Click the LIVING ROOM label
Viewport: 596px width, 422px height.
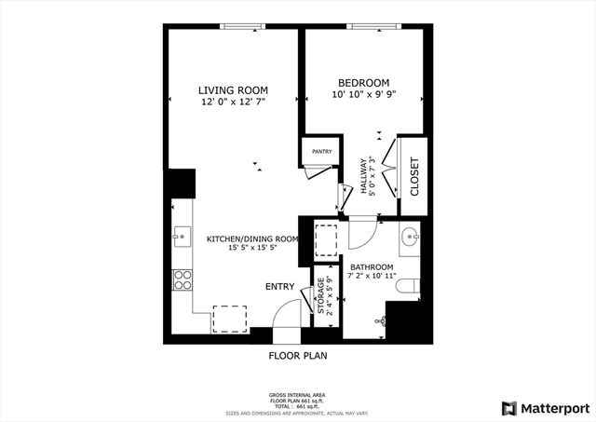click(232, 89)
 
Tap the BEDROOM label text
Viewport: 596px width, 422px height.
click(362, 83)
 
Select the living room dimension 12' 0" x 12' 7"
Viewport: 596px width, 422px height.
click(232, 102)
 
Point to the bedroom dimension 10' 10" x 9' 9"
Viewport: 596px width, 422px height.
click(362, 95)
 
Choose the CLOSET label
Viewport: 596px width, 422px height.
click(413, 175)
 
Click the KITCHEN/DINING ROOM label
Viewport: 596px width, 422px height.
click(251, 238)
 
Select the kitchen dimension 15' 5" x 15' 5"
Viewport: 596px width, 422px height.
click(251, 249)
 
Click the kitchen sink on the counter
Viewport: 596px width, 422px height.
click(180, 238)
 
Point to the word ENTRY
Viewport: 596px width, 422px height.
click(279, 287)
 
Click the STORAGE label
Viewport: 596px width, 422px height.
click(321, 296)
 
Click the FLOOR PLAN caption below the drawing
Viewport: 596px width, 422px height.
click(297, 355)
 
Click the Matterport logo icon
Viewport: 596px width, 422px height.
click(508, 408)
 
